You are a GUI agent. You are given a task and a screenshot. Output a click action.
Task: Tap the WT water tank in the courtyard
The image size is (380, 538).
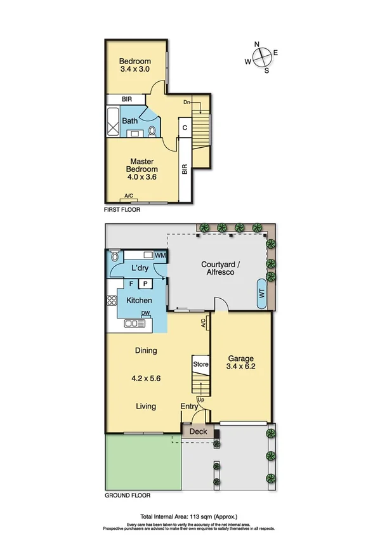pos(261,293)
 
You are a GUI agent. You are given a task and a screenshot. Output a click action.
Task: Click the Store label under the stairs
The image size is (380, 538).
pos(200,364)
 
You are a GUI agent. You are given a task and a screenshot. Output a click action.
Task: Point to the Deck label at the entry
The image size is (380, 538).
pos(199,431)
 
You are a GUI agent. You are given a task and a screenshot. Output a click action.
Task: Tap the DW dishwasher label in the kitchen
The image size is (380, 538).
pos(145,313)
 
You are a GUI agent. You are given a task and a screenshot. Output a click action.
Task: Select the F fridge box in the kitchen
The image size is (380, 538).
pos(131,284)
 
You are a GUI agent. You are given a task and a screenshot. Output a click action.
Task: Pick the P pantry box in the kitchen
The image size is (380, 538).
pos(145,284)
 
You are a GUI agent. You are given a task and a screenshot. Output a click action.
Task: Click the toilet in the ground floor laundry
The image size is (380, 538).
pos(114,257)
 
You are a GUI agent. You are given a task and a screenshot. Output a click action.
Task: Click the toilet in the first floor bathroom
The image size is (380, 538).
pos(152,131)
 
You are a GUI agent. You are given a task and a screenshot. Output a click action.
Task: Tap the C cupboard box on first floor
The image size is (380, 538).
pos(185,128)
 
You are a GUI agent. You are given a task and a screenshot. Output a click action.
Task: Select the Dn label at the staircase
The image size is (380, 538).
pos(187,102)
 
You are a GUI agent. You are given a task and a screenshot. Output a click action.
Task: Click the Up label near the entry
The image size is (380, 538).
pos(200,400)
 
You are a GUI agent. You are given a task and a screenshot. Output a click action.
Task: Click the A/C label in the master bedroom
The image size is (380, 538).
pos(129,195)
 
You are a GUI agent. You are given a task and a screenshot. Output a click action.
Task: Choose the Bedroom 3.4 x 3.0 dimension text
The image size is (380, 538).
pos(134,70)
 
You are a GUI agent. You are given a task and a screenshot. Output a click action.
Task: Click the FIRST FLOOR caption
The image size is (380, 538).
pos(122,209)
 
